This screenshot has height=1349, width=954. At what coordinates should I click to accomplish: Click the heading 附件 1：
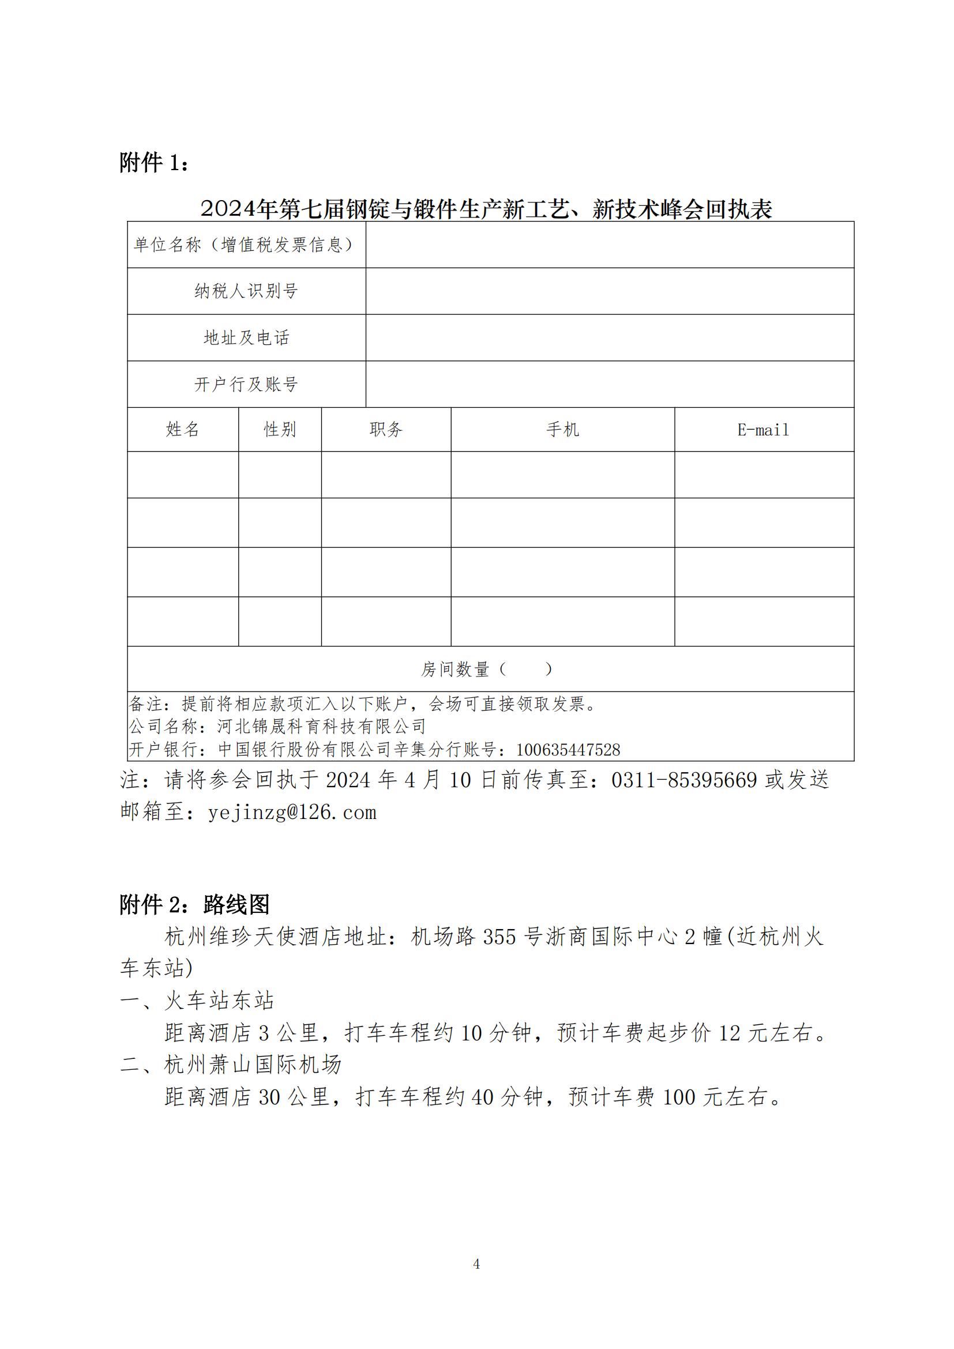tap(155, 163)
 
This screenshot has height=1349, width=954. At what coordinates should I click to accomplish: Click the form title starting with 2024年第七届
tap(486, 209)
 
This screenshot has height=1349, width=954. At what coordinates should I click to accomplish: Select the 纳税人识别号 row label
tap(246, 291)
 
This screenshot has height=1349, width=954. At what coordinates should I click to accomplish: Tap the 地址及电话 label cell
tap(246, 337)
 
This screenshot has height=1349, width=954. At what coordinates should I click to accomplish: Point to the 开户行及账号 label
tap(246, 384)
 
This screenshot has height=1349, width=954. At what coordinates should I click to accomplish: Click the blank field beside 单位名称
tap(609, 245)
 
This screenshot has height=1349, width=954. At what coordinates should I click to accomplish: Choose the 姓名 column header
tap(183, 430)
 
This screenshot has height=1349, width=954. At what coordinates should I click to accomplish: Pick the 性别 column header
tap(280, 430)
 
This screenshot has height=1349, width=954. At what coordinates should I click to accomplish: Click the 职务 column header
tap(386, 430)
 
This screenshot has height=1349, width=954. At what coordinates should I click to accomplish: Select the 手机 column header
tap(562, 430)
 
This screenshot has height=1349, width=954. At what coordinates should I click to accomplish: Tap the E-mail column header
tap(763, 430)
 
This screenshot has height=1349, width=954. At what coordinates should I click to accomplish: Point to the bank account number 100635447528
tap(568, 750)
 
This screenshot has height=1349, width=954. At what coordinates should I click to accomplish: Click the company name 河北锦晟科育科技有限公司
tap(321, 726)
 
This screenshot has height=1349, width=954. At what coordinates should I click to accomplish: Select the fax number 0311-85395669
tap(684, 780)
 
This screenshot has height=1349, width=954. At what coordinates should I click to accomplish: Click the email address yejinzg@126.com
tap(292, 812)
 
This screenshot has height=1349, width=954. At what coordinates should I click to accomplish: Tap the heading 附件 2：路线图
tap(194, 904)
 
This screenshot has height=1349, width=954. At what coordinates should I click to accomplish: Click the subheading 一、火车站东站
tap(197, 1000)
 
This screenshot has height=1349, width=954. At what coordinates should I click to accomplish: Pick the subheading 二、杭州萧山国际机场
tap(231, 1064)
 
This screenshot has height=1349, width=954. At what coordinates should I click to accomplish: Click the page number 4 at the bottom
tap(476, 1264)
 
